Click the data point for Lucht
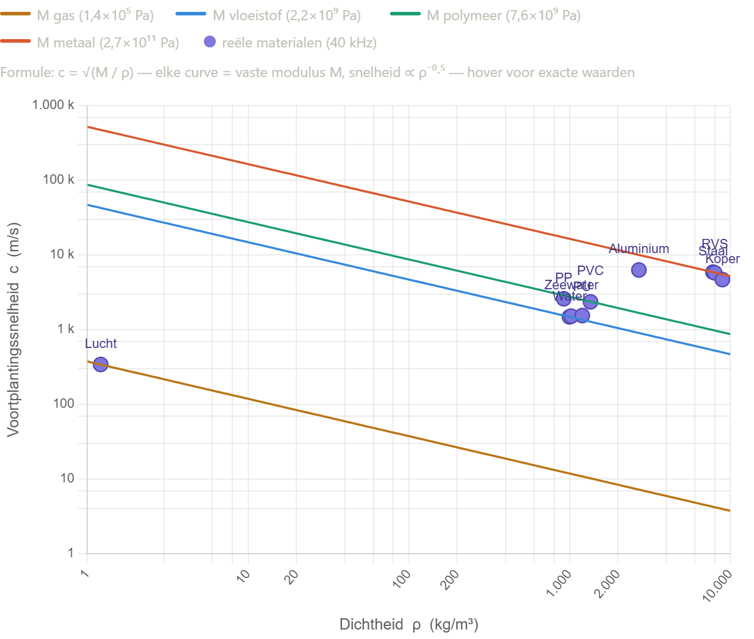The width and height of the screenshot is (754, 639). coord(101,364)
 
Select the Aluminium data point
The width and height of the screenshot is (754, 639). coord(638,270)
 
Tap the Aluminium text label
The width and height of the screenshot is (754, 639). coord(638,249)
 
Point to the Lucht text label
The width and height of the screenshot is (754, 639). coord(101,344)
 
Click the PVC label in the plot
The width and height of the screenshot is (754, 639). coord(590,271)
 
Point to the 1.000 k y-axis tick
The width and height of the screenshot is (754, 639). coord(53,106)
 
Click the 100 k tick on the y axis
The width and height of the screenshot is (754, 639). coord(59,180)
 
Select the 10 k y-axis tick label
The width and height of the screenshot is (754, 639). coord(62,254)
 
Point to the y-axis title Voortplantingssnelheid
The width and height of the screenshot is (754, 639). coord(13,329)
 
